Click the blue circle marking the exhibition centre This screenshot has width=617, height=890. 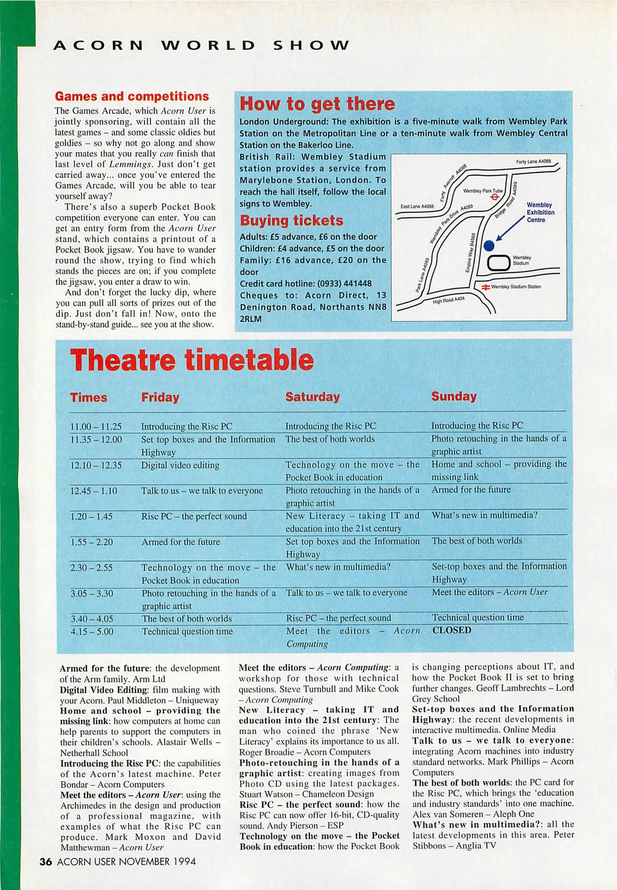click(489, 246)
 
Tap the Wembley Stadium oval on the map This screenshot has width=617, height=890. click(499, 263)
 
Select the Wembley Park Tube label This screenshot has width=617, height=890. click(483, 191)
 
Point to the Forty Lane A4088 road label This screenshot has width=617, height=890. click(533, 162)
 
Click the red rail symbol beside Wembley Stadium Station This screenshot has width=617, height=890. click(486, 287)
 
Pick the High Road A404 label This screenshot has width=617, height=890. click(448, 300)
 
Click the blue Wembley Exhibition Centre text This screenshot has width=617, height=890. click(540, 212)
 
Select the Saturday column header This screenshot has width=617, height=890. click(313, 397)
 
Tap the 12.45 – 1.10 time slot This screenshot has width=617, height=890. click(94, 491)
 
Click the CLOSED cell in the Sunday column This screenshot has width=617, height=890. click(452, 630)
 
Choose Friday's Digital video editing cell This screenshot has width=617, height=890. click(180, 465)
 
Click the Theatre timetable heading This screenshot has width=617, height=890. click(192, 360)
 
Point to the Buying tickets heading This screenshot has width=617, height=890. click(291, 220)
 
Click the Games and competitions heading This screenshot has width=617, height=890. click(132, 96)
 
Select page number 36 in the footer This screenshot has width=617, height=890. click(45, 862)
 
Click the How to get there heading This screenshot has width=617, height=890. click(317, 104)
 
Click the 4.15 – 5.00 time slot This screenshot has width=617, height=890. click(92, 632)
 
